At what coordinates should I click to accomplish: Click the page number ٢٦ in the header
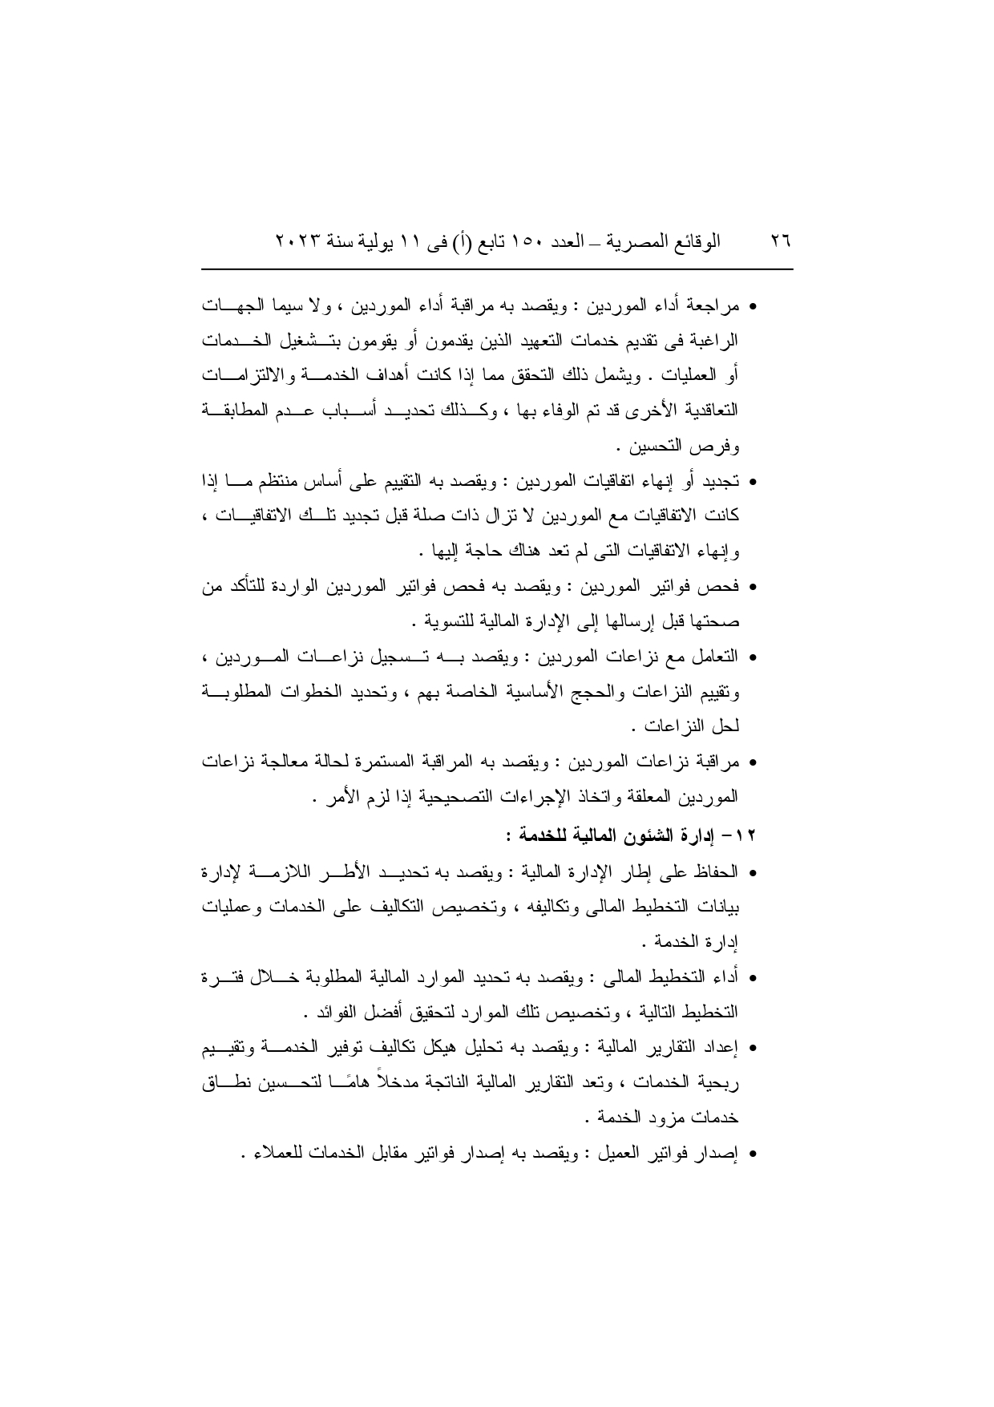point(780,240)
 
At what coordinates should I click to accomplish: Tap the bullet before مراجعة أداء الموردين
point(753,308)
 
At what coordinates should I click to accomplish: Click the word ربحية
point(721,1085)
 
